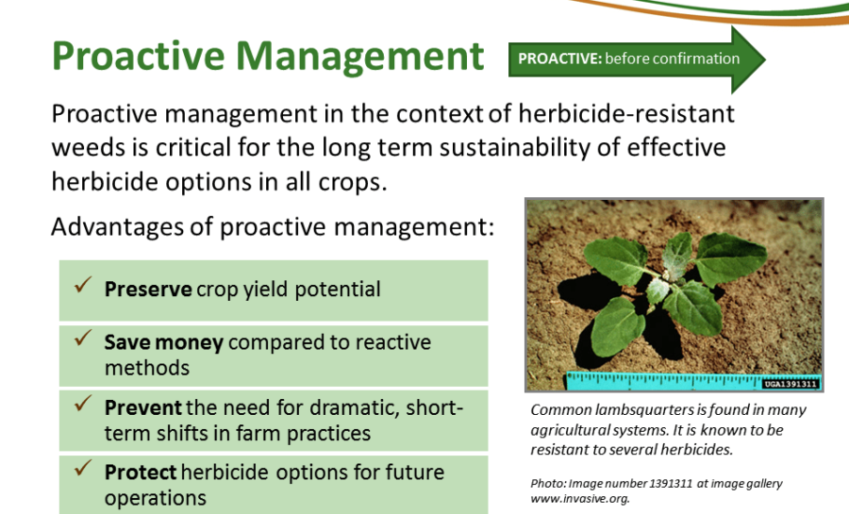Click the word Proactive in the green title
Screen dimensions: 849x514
tap(138, 56)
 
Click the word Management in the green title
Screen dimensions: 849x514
tap(360, 57)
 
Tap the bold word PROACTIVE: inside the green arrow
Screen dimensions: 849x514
tap(559, 58)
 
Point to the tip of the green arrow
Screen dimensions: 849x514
tap(765, 59)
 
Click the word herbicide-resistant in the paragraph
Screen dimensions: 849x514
tap(626, 113)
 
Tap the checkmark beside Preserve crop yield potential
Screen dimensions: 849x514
tap(83, 285)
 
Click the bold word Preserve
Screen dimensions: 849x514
tap(148, 290)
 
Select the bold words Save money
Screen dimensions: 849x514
tap(163, 342)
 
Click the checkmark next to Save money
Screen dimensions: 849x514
tap(83, 338)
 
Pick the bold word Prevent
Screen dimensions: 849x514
tap(143, 407)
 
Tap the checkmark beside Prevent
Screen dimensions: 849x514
tap(83, 403)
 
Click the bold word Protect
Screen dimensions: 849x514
tap(141, 473)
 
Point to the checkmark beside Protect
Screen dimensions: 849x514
tap(83, 468)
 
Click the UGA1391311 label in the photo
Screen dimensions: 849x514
tap(791, 384)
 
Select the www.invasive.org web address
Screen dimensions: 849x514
tap(580, 498)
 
